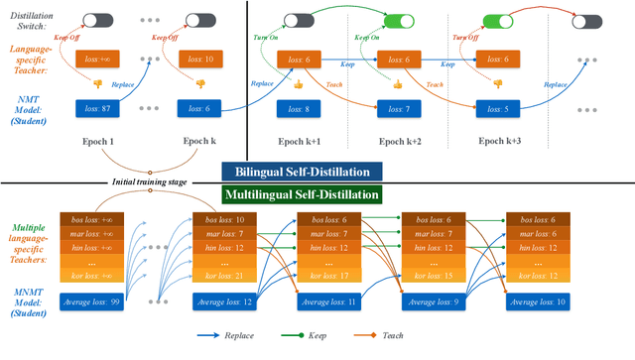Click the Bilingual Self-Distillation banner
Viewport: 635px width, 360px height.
click(318, 170)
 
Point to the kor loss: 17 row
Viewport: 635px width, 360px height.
click(325, 275)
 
